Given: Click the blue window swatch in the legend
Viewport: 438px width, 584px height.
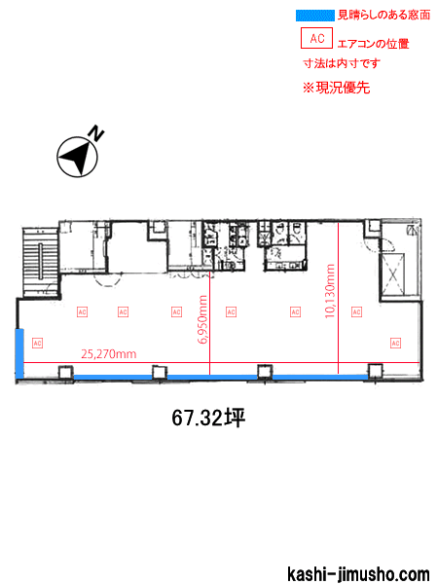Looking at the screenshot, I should click(313, 16).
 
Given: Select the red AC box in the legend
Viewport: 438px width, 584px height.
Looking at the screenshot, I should click(315, 38).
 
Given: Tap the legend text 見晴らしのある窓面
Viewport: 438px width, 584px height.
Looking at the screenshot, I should click(383, 17).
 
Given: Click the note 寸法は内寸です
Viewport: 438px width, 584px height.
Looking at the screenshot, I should click(341, 63).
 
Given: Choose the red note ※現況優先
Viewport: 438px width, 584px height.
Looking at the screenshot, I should click(336, 88).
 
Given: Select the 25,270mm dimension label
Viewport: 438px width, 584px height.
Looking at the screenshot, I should click(108, 353).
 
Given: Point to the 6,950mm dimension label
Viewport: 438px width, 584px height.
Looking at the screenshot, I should click(202, 321).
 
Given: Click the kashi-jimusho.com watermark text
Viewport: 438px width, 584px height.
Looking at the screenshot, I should click(357, 574).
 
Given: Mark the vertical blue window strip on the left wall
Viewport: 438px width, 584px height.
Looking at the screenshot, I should click(18, 352).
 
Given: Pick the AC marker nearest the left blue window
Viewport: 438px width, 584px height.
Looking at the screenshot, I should click(38, 342).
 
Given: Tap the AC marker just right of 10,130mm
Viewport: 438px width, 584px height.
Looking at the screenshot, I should click(356, 311).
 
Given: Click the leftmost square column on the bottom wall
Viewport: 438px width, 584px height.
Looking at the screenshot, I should click(65, 371).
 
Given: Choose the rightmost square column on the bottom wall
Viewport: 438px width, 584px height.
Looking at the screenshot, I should click(374, 369).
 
